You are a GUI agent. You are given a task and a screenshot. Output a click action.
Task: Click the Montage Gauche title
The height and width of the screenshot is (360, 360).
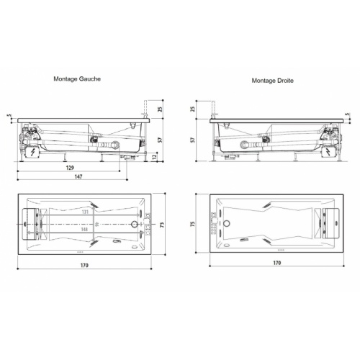[x=77, y=79]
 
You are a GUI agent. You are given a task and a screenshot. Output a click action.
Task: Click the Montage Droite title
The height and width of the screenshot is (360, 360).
[x=272, y=81]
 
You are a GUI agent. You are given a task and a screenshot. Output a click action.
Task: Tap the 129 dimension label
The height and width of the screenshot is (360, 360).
[x=70, y=168]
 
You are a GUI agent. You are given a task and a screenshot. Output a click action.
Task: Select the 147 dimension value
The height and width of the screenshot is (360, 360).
[x=78, y=176]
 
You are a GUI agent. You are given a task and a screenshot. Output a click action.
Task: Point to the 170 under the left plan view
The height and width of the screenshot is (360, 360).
[x=84, y=266]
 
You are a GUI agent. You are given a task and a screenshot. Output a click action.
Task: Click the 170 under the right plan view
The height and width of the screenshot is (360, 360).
[x=277, y=263]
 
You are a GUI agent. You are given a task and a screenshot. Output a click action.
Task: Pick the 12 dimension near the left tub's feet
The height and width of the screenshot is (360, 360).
[x=155, y=157]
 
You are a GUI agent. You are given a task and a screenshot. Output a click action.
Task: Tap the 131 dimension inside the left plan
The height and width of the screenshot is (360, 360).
[x=85, y=212]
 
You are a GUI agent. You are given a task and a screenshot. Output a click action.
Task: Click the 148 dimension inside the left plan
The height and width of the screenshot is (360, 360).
[x=84, y=230]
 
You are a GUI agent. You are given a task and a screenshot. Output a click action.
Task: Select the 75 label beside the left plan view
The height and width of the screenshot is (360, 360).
[x=162, y=225]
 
